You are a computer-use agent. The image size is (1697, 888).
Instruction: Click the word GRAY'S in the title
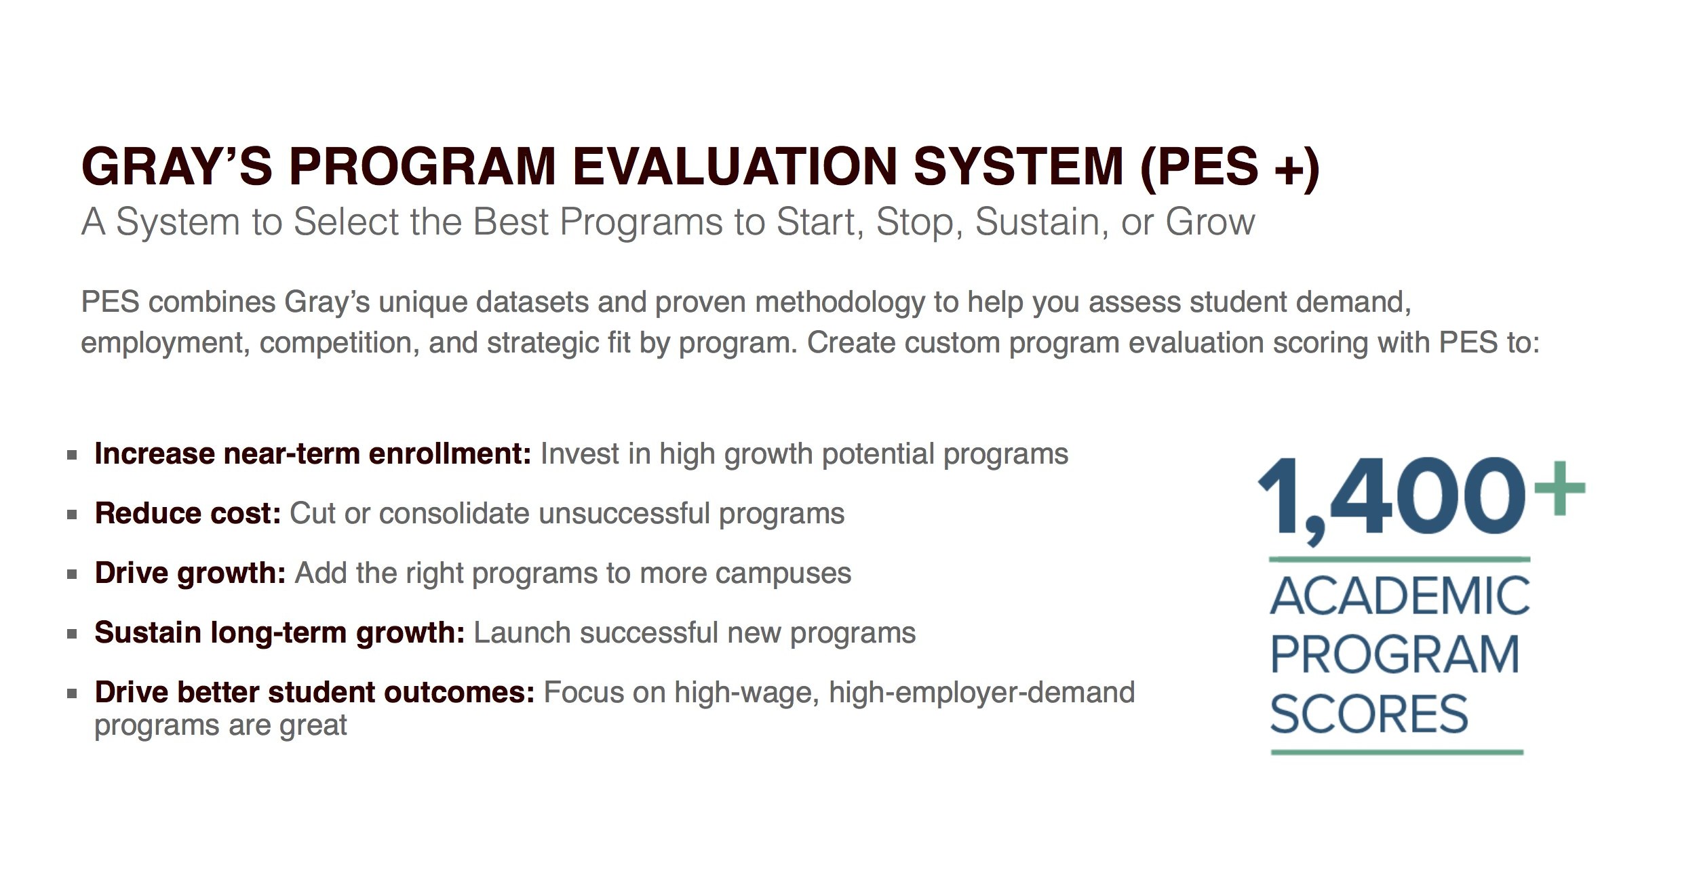(x=176, y=167)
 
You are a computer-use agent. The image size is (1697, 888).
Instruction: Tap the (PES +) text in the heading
(x=1230, y=167)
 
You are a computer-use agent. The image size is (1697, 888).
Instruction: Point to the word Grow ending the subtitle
(x=1210, y=222)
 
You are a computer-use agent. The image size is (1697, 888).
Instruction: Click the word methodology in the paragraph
(x=840, y=302)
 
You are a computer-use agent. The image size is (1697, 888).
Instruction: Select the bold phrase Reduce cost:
(x=188, y=513)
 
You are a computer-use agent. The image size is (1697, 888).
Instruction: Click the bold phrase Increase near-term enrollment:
(x=313, y=453)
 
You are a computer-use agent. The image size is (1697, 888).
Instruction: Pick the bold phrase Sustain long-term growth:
(x=279, y=632)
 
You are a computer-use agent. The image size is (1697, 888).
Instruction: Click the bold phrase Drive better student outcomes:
(x=315, y=692)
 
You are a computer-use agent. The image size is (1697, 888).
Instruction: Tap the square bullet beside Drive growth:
(x=72, y=574)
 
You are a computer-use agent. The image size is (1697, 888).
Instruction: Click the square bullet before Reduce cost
(x=72, y=514)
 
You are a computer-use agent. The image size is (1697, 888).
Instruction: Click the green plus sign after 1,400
(x=1559, y=488)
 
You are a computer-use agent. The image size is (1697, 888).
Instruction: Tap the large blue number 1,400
(x=1390, y=498)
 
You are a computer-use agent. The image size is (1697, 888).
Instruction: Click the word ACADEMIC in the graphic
(x=1399, y=597)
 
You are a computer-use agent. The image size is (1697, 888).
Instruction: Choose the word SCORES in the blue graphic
(x=1369, y=714)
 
